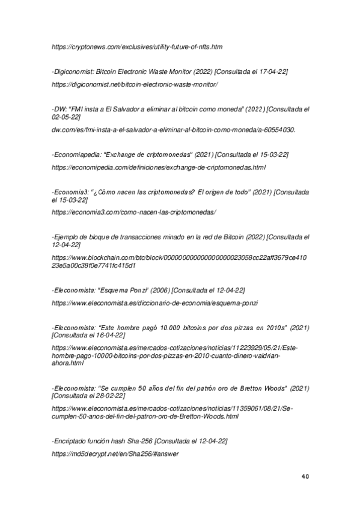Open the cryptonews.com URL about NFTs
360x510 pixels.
click(137, 46)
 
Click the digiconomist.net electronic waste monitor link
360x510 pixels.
click(135, 84)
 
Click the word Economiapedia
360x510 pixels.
click(77, 155)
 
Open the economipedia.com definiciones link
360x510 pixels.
click(159, 167)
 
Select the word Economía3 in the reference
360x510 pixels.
click(71, 192)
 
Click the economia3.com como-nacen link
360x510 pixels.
click(133, 212)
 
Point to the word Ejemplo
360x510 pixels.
click(67, 237)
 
